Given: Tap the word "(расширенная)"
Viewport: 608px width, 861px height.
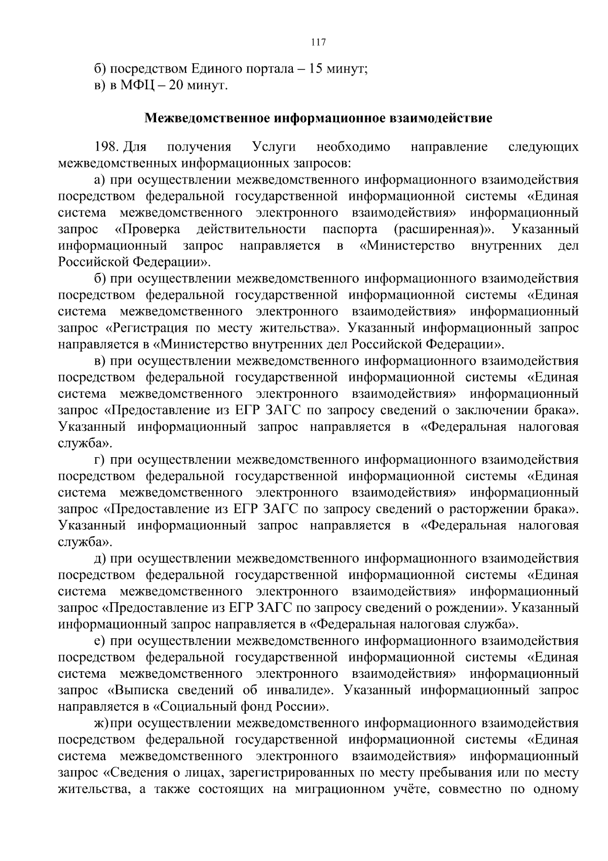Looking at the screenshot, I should coord(444,230).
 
